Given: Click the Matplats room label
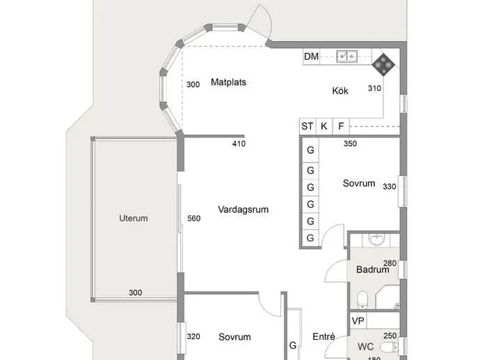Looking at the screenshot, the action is tap(228, 82).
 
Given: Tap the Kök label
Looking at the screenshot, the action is tap(340, 91).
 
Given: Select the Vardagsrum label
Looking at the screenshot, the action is tap(243, 209).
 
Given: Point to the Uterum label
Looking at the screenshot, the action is tap(133, 218).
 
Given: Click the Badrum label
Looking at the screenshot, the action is tap(373, 270).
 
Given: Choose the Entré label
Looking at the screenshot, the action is tap(323, 336).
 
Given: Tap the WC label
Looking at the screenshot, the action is tap(365, 347).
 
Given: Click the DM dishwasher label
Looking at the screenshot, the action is tap(311, 56).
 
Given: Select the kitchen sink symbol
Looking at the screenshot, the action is tap(346, 56).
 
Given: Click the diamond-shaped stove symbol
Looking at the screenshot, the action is tap(383, 65).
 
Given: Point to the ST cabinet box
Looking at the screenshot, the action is tap(307, 126).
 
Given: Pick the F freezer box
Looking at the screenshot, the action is tap(341, 126).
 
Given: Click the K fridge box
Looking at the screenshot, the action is tap(324, 126).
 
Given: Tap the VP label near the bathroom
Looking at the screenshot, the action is tap(358, 321).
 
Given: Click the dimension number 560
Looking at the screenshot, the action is tap(194, 218).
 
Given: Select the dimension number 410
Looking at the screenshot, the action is tap(239, 143).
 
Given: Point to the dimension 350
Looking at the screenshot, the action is tap(350, 143).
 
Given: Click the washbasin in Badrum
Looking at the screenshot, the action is tap(376, 240).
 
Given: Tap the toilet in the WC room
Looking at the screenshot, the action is tap(389, 347).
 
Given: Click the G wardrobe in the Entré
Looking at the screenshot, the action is tap(293, 345).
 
